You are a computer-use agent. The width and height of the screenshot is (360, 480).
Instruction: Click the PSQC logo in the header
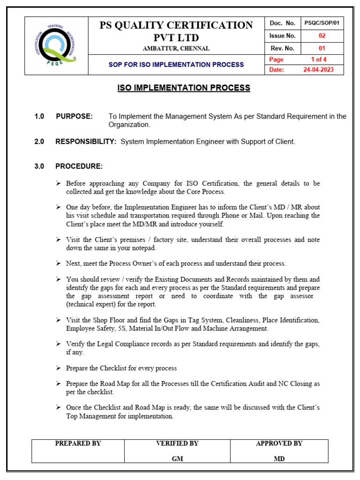pyautogui.click(x=56, y=45)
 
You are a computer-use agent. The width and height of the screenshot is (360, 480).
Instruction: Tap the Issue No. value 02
pyautogui.click(x=322, y=36)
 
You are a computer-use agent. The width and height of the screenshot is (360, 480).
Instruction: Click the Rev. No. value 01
pyautogui.click(x=322, y=48)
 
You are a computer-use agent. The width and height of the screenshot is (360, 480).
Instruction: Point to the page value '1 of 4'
pyautogui.click(x=319, y=60)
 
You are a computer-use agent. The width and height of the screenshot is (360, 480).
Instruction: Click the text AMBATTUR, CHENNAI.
pyautogui.click(x=176, y=49)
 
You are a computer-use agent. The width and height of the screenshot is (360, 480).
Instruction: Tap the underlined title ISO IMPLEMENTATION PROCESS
pyautogui.click(x=183, y=88)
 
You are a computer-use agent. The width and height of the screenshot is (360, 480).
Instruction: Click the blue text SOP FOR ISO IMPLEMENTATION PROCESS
pyautogui.click(x=176, y=65)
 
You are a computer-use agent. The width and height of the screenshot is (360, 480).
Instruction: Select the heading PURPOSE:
pyautogui.click(x=74, y=116)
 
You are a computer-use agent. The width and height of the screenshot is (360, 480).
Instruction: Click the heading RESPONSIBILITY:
pyautogui.click(x=86, y=142)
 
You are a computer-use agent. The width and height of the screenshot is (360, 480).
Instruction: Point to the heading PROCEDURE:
pyautogui.click(x=79, y=166)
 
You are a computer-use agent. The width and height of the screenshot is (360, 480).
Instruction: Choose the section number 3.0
pyautogui.click(x=39, y=166)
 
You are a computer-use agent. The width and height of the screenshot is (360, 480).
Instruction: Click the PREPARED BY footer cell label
pyautogui.click(x=78, y=443)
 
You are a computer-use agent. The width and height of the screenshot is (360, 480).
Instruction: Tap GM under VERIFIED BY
pyautogui.click(x=177, y=459)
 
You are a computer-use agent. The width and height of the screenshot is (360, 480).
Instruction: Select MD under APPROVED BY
pyautogui.click(x=279, y=459)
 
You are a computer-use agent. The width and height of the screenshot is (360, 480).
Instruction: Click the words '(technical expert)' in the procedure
pyautogui.click(x=89, y=304)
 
